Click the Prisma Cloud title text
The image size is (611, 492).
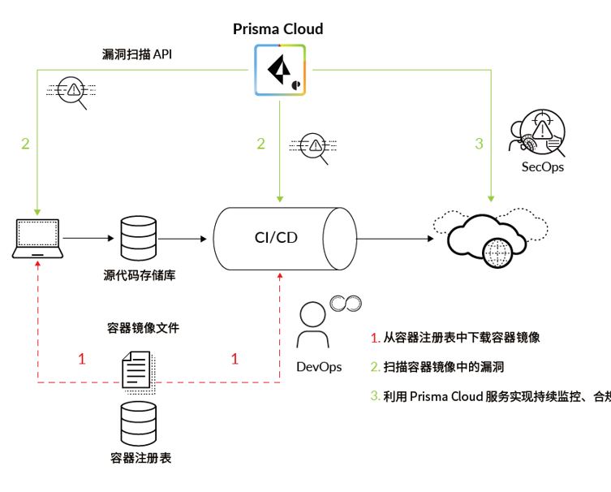pyautogui.click(x=278, y=29)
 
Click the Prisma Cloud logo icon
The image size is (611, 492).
pyautogui.click(x=280, y=71)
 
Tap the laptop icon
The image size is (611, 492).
pyautogui.click(x=38, y=238)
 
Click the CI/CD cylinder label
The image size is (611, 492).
pyautogui.click(x=275, y=237)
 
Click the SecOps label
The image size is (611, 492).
pyautogui.click(x=542, y=166)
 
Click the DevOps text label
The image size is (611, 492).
pyautogui.click(x=319, y=367)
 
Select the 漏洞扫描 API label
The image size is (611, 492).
pyautogui.click(x=136, y=54)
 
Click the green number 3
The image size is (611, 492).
pyautogui.click(x=479, y=144)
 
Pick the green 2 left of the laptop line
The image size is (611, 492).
pyautogui.click(x=25, y=144)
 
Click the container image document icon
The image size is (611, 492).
pyautogui.click(x=136, y=369)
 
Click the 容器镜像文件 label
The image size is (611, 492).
pyautogui.click(x=143, y=329)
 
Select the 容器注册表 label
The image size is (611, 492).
pyautogui.click(x=140, y=457)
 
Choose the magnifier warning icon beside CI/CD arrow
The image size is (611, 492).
pyautogui.click(x=313, y=147)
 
